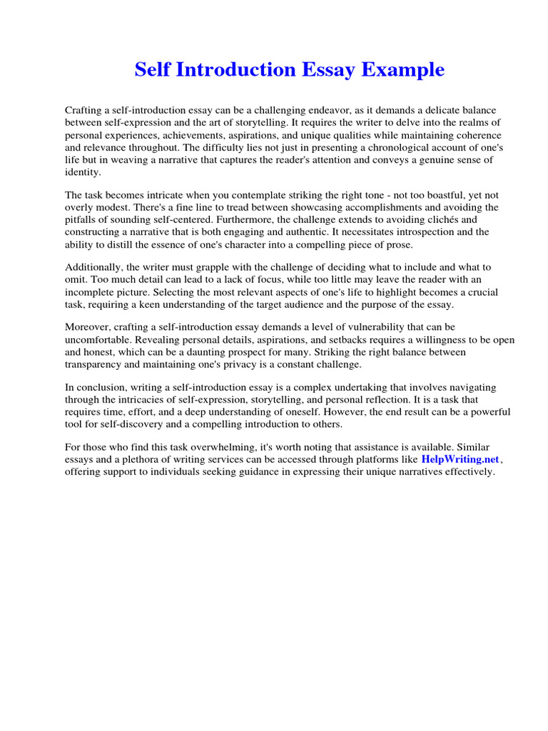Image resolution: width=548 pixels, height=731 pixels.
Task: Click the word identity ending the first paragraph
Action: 83,173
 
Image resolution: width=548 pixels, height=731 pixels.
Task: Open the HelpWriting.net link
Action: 460,460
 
